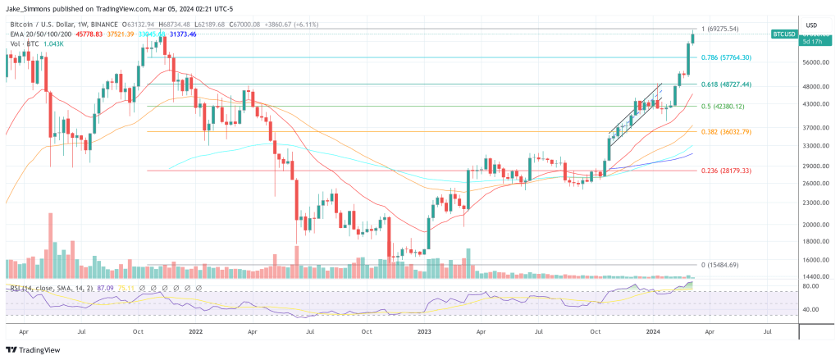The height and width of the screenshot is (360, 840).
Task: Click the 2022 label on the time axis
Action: click(x=195, y=333)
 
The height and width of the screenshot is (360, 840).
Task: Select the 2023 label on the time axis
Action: click(x=424, y=333)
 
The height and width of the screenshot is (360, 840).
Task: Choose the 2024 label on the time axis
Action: click(x=653, y=333)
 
